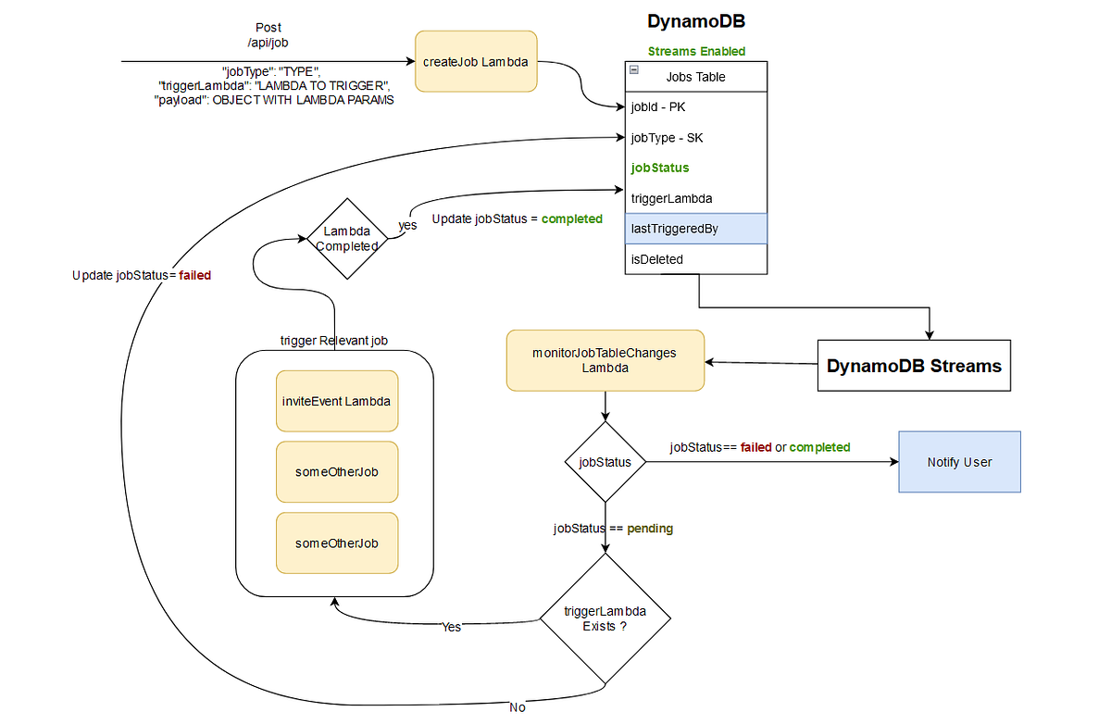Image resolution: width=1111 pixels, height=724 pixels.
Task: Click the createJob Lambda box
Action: pyautogui.click(x=476, y=62)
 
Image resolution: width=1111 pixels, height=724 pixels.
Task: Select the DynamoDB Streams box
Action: pyautogui.click(x=914, y=366)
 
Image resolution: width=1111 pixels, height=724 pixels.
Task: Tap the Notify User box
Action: pyautogui.click(x=959, y=462)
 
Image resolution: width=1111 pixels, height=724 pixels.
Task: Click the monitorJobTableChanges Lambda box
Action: pyautogui.click(x=605, y=360)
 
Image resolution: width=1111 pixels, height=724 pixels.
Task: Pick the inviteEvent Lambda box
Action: pyautogui.click(x=337, y=402)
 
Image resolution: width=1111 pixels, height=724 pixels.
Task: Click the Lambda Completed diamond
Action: pyautogui.click(x=346, y=239)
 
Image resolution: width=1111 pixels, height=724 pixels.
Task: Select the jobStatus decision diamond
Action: pyautogui.click(x=605, y=462)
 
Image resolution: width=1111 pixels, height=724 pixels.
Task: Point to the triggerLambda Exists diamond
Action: pyautogui.click(x=605, y=618)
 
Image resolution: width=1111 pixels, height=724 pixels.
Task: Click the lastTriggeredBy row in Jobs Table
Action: pyautogui.click(x=696, y=229)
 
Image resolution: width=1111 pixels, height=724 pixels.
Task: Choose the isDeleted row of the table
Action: pyautogui.click(x=696, y=259)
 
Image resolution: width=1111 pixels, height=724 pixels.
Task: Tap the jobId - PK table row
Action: pyautogui.click(x=696, y=107)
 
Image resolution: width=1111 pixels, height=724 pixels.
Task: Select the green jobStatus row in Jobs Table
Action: pyautogui.click(x=696, y=168)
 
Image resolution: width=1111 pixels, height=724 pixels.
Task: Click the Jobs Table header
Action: pyautogui.click(x=696, y=77)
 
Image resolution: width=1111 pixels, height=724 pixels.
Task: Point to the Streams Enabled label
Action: pyautogui.click(x=696, y=52)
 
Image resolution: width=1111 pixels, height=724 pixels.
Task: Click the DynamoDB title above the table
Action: pyautogui.click(x=695, y=21)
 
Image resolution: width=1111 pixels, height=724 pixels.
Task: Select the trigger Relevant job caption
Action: pyautogui.click(x=334, y=341)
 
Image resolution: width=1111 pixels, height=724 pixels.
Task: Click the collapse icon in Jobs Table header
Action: pyautogui.click(x=634, y=70)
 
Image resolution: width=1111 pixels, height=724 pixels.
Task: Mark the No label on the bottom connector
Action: pyautogui.click(x=517, y=707)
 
